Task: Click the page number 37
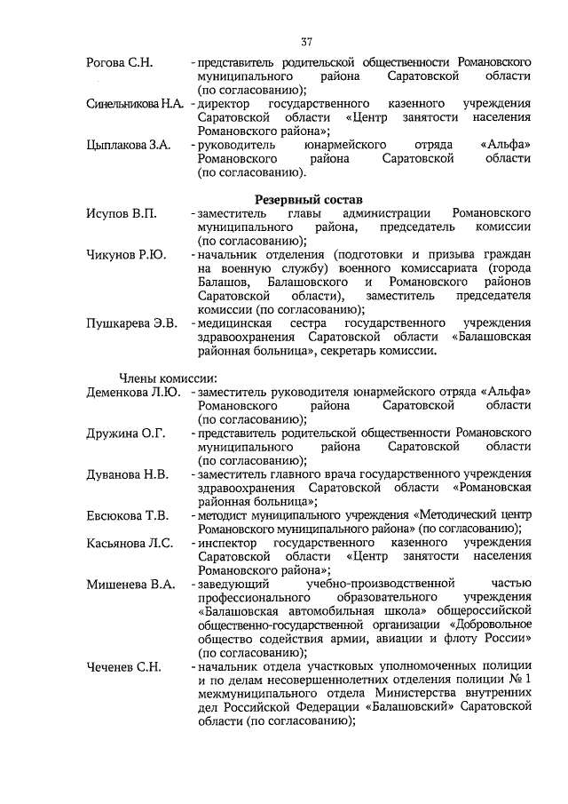306,42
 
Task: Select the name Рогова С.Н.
121,64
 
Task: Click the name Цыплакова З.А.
129,144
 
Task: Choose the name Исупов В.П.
122,214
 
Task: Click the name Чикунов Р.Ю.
126,255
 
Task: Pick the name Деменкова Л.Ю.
134,392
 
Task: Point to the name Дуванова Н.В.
128,474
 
